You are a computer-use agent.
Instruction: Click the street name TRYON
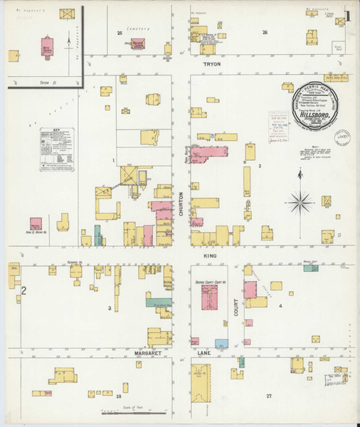pyautogui.click(x=212, y=64)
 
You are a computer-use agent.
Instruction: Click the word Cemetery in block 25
pyautogui.click(x=138, y=28)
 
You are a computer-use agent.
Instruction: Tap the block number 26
pyautogui.click(x=265, y=33)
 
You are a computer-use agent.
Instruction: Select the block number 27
pyautogui.click(x=269, y=395)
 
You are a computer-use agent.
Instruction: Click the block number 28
pyautogui.click(x=120, y=395)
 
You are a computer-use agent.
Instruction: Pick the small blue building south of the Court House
pyautogui.click(x=221, y=343)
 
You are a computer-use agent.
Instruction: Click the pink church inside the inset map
pyautogui.click(x=47, y=45)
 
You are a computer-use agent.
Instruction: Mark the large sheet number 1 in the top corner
pyautogui.click(x=347, y=15)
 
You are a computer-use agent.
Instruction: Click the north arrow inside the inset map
pyautogui.click(x=68, y=39)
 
